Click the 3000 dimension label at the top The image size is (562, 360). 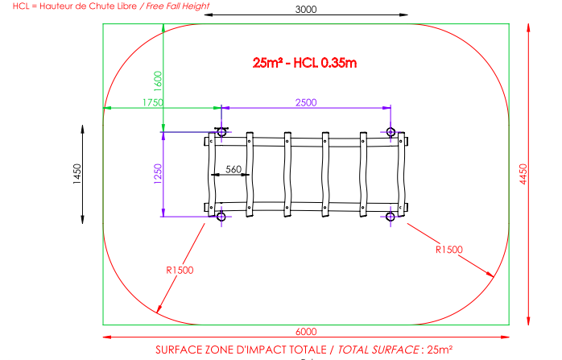(306, 10)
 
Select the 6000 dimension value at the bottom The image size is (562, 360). (306, 332)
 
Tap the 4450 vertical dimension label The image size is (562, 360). (523, 174)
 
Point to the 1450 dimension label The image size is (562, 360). (77, 174)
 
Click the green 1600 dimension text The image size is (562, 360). (158, 81)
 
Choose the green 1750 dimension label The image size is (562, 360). (153, 102)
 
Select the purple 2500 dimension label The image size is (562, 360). (306, 102)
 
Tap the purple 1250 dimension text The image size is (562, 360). (158, 174)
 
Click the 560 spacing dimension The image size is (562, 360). (233, 169)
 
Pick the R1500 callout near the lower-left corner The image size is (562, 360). (180, 270)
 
